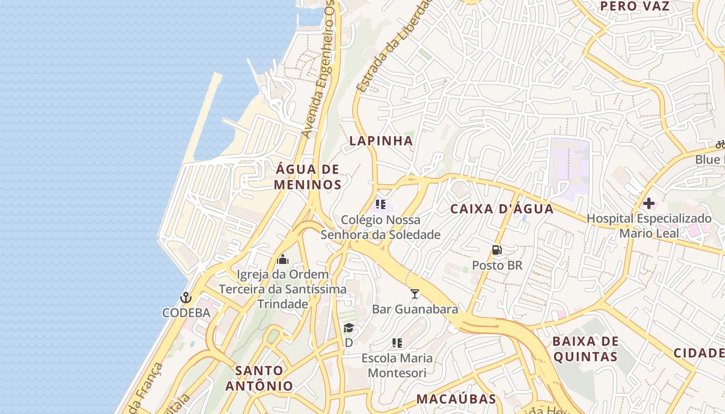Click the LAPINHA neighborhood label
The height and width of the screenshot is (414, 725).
tap(381, 141)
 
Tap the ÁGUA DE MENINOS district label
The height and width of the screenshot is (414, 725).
tap(308, 177)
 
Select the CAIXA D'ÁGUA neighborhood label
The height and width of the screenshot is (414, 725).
tap(502, 209)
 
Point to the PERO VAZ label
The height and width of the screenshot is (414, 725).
tap(635, 6)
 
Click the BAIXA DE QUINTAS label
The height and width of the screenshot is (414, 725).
tap(585, 349)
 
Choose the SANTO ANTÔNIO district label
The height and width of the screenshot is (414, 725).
tap(259, 378)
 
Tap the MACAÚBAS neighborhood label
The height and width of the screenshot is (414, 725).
tap(456, 399)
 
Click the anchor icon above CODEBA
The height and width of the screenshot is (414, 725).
tap(186, 298)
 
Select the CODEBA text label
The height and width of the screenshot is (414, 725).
tap(186, 313)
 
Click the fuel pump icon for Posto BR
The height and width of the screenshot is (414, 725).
tap(497, 250)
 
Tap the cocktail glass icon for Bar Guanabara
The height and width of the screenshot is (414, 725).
tap(415, 294)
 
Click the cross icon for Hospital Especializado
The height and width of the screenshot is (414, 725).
tap(648, 203)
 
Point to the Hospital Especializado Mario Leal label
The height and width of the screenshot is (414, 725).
tap(649, 226)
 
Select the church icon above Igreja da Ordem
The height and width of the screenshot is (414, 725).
tap(283, 259)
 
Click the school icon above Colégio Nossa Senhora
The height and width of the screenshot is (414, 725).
tap(381, 204)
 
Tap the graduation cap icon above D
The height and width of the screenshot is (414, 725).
tap(349, 328)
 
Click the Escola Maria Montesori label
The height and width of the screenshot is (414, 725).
tap(397, 365)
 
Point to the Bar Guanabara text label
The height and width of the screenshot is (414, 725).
tap(415, 309)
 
